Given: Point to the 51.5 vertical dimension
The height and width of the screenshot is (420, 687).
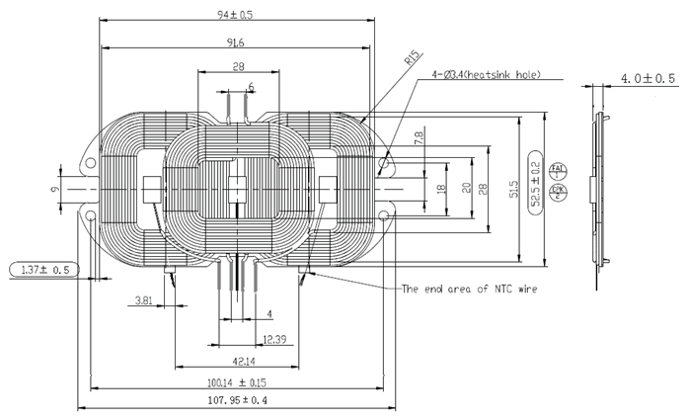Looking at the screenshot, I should [x=514, y=187].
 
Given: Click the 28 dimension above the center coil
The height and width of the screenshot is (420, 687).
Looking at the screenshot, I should [x=237, y=66].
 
